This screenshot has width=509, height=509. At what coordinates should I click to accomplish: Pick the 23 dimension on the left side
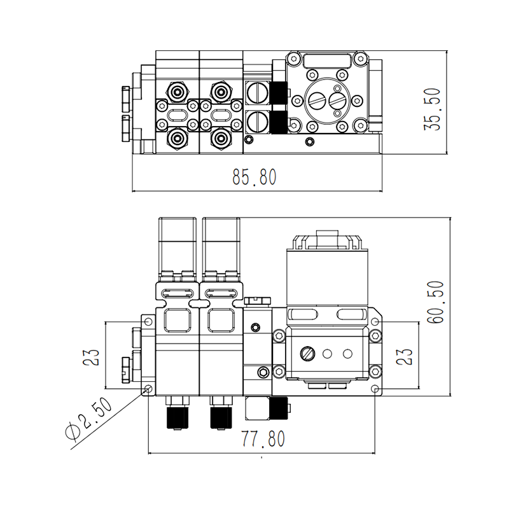point(90,356)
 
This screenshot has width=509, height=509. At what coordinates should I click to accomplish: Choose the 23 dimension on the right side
point(405,356)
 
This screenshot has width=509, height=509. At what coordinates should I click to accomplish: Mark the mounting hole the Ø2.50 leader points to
point(148,388)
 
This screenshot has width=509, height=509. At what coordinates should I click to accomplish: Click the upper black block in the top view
point(278,94)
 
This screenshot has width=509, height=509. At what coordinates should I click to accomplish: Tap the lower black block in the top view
point(278,121)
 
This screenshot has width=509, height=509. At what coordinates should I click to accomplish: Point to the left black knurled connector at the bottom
point(176,417)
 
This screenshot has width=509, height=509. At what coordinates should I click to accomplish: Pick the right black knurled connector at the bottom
point(220,417)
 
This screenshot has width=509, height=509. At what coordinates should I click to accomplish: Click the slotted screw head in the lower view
point(309,352)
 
